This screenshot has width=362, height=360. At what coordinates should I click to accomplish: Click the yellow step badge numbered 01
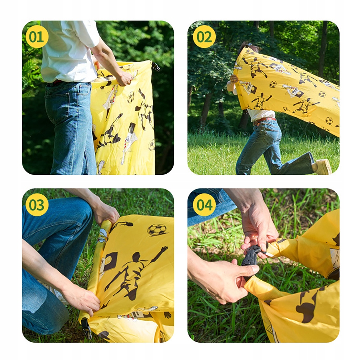pyautogui.click(x=37, y=37)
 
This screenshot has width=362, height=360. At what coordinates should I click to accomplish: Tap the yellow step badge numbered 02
pyautogui.click(x=204, y=37)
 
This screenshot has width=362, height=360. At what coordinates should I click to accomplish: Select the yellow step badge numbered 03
pyautogui.click(x=37, y=205)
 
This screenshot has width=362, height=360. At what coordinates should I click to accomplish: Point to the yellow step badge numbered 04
pyautogui.click(x=204, y=205)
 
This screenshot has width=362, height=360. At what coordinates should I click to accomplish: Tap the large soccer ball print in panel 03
pyautogui.click(x=157, y=230)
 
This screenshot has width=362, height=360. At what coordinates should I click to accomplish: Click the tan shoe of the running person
pyautogui.click(x=323, y=167)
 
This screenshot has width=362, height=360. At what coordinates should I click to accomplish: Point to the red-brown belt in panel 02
pyautogui.click(x=265, y=120)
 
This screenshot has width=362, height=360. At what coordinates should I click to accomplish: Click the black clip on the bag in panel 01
pyautogui.click(x=156, y=67)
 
